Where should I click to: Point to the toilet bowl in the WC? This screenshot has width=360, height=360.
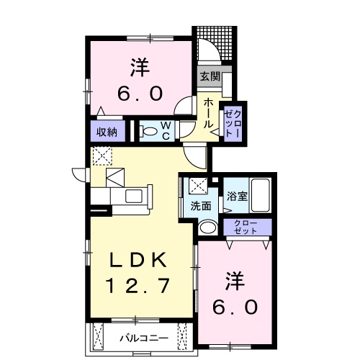[150, 131]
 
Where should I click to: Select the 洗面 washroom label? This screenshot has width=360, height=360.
[201, 206]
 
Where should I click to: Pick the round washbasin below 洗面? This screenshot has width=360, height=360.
[207, 228]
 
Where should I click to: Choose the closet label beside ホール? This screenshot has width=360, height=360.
[234, 122]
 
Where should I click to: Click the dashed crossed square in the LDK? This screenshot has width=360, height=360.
[102, 155]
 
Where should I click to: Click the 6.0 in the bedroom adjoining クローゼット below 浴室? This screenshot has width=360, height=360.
[235, 307]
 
